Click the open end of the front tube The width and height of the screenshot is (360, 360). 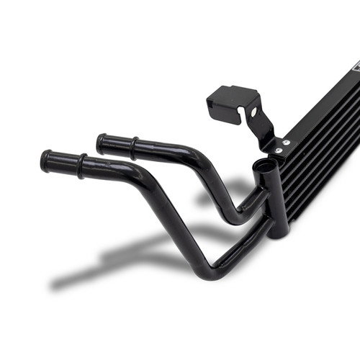pos(45,160)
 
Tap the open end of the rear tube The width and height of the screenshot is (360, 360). pos(102,143)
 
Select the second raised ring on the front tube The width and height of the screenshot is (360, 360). pos(81,166)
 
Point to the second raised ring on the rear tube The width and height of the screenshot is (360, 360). pos(134,149)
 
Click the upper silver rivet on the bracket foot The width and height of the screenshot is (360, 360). pos(286,143)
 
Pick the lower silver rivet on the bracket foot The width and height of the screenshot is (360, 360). pos(279,150)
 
